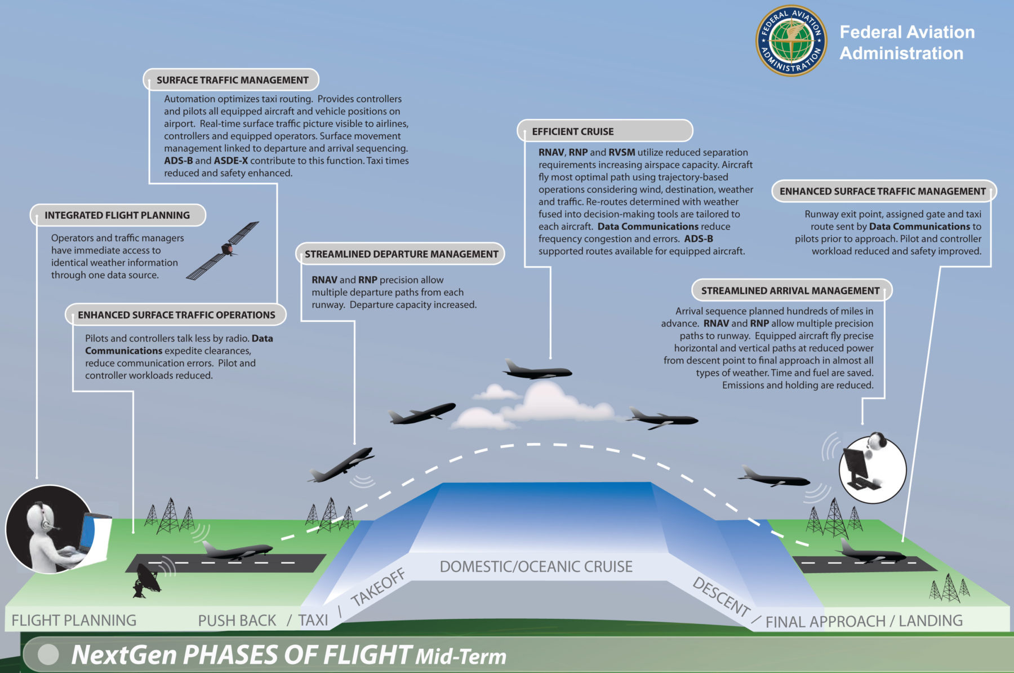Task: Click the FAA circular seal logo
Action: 791,41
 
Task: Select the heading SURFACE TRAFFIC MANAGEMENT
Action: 233,80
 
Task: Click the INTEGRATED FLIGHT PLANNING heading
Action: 117,215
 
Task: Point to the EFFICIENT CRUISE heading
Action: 573,131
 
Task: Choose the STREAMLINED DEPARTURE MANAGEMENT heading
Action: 402,254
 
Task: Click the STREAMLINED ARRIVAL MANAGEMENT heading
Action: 790,291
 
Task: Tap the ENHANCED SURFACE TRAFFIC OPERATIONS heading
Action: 176,315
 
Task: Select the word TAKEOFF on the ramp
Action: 378,587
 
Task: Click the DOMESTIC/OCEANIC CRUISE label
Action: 536,566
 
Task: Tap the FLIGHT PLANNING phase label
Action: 74,621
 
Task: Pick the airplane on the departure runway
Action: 237,549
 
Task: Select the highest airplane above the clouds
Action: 537,370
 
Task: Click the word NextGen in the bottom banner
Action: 124,655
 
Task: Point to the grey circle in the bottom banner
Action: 48,654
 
